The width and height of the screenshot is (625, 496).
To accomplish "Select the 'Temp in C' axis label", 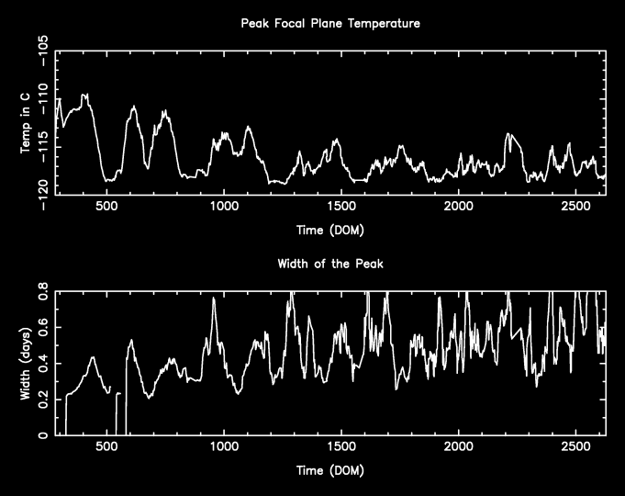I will point(27,122).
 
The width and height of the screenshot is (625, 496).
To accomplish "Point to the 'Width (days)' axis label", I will point(27,363).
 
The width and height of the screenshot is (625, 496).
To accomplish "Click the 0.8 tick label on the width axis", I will point(43,292).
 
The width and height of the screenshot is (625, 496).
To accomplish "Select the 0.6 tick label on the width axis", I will point(43,328).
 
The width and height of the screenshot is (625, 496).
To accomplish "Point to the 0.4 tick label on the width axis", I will point(43,364).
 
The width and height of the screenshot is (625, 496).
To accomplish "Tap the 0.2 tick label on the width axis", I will point(43,400).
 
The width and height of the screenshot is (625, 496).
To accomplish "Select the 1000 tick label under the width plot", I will point(224,448).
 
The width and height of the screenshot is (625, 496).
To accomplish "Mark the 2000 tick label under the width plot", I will point(458,448).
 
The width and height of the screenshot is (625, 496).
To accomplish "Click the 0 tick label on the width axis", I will point(43,435).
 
